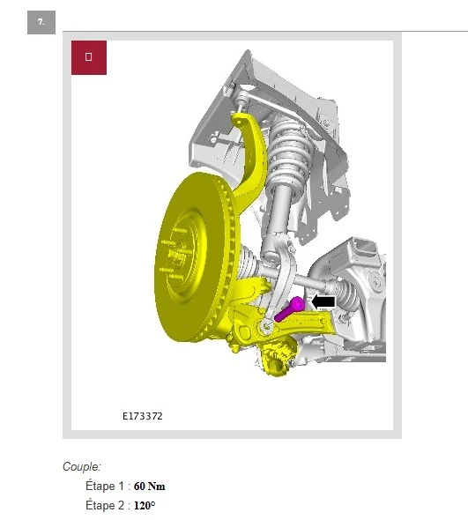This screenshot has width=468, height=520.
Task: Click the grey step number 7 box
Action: (x=41, y=22)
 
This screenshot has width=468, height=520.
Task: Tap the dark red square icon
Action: (x=89, y=57)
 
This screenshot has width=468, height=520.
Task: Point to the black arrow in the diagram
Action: (x=323, y=301)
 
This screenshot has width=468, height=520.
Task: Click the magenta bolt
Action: (x=289, y=308)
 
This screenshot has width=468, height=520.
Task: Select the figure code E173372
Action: (x=143, y=416)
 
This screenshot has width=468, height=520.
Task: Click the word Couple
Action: (x=81, y=466)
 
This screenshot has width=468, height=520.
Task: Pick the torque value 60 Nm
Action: (x=149, y=487)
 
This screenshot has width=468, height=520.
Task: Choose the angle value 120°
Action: (x=145, y=505)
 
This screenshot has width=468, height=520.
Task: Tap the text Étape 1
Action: (x=105, y=486)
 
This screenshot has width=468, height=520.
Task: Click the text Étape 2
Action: (x=105, y=505)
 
